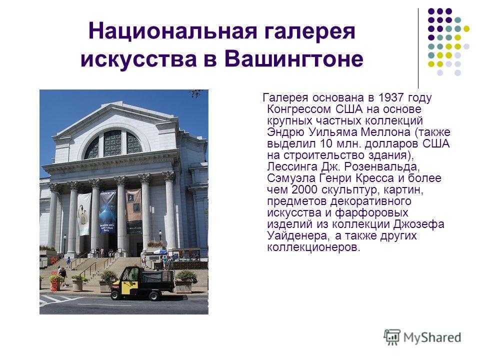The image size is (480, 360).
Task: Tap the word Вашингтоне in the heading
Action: click(294, 58)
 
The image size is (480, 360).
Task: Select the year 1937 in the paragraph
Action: click(390, 97)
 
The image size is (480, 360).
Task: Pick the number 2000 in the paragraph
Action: click(304, 189)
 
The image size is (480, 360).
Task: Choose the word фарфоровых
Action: click(371, 212)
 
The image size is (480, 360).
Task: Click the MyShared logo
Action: click(422, 337)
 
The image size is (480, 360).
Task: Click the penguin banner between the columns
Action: click(84, 214)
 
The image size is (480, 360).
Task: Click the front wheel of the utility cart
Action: click(115, 295)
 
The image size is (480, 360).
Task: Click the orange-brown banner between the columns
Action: click(134, 210)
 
